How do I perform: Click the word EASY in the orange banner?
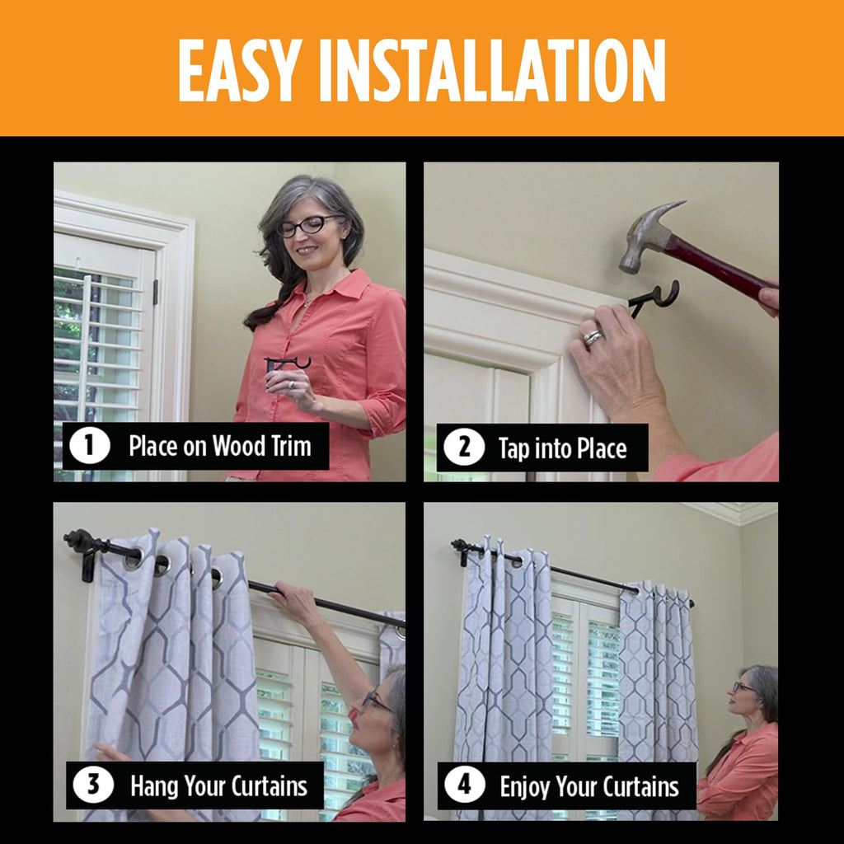click(240, 70)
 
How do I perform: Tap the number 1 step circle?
click(90, 446)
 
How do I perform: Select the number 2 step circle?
click(464, 448)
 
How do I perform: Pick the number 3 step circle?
click(93, 785)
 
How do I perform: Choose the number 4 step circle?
click(465, 785)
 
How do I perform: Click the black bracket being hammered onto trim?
click(654, 298)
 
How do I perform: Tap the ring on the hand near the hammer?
click(593, 337)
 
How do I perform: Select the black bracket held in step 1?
click(287, 363)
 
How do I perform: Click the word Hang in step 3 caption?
click(153, 786)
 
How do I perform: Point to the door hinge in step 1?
click(156, 291)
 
